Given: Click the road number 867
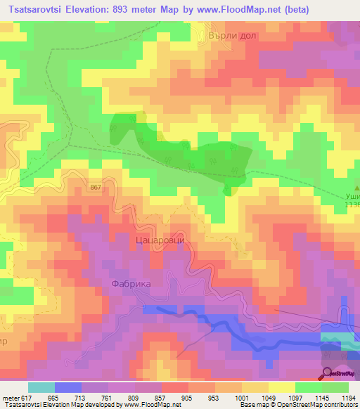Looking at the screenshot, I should (x=96, y=187).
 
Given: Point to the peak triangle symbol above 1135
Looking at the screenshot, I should (x=356, y=188).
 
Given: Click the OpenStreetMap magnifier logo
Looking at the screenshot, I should (x=327, y=374).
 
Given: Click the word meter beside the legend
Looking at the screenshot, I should (x=11, y=398).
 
